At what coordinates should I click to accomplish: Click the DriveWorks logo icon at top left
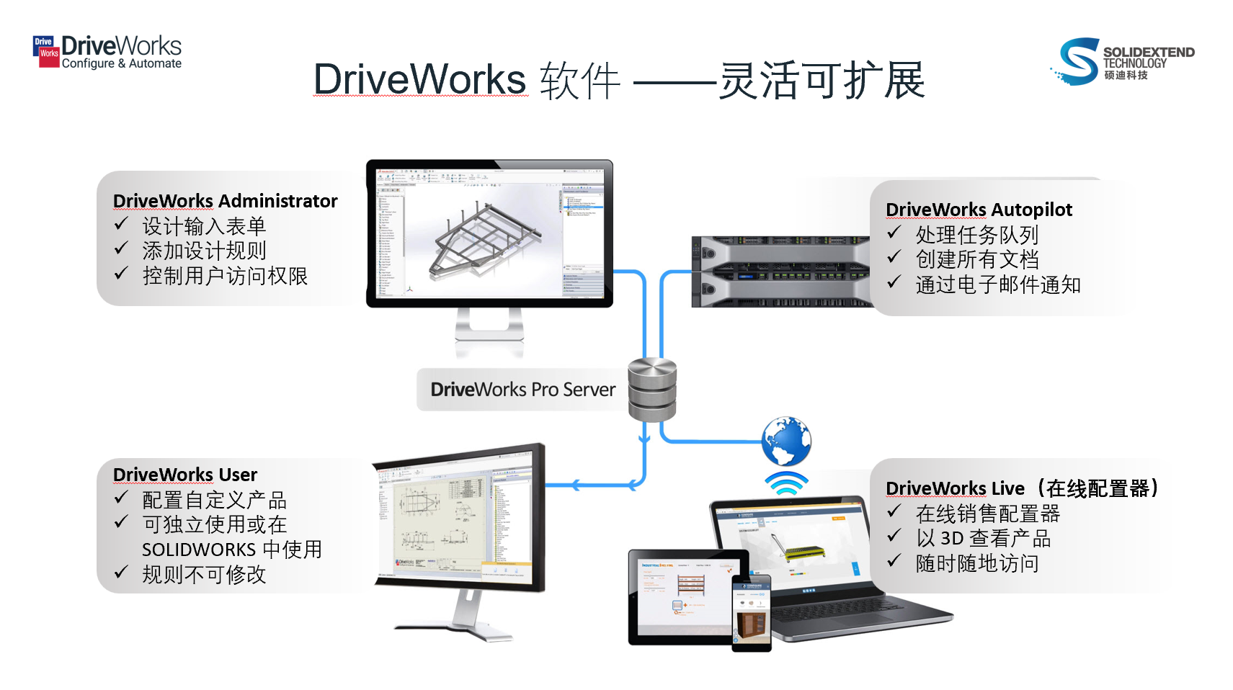pos(46,52)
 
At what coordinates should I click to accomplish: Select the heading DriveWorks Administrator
pos(225,201)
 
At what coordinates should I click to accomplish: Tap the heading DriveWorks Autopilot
pos(979,210)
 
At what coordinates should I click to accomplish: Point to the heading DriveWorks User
pos(185,475)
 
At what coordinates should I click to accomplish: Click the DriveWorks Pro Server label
pos(522,390)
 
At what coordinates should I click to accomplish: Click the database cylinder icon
pos(651,390)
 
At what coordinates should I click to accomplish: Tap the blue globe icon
pos(786,441)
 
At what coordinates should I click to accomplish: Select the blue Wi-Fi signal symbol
pos(786,483)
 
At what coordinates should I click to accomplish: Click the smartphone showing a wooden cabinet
pos(751,613)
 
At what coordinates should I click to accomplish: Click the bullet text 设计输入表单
pos(204,226)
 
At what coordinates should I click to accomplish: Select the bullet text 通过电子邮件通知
pos(997,284)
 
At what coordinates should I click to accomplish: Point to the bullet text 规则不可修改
pos(204,575)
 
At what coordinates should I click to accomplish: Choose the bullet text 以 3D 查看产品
pos(983,538)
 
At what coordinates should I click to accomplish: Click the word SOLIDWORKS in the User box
pos(199,550)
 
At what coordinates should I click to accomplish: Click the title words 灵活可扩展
pos(822,80)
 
